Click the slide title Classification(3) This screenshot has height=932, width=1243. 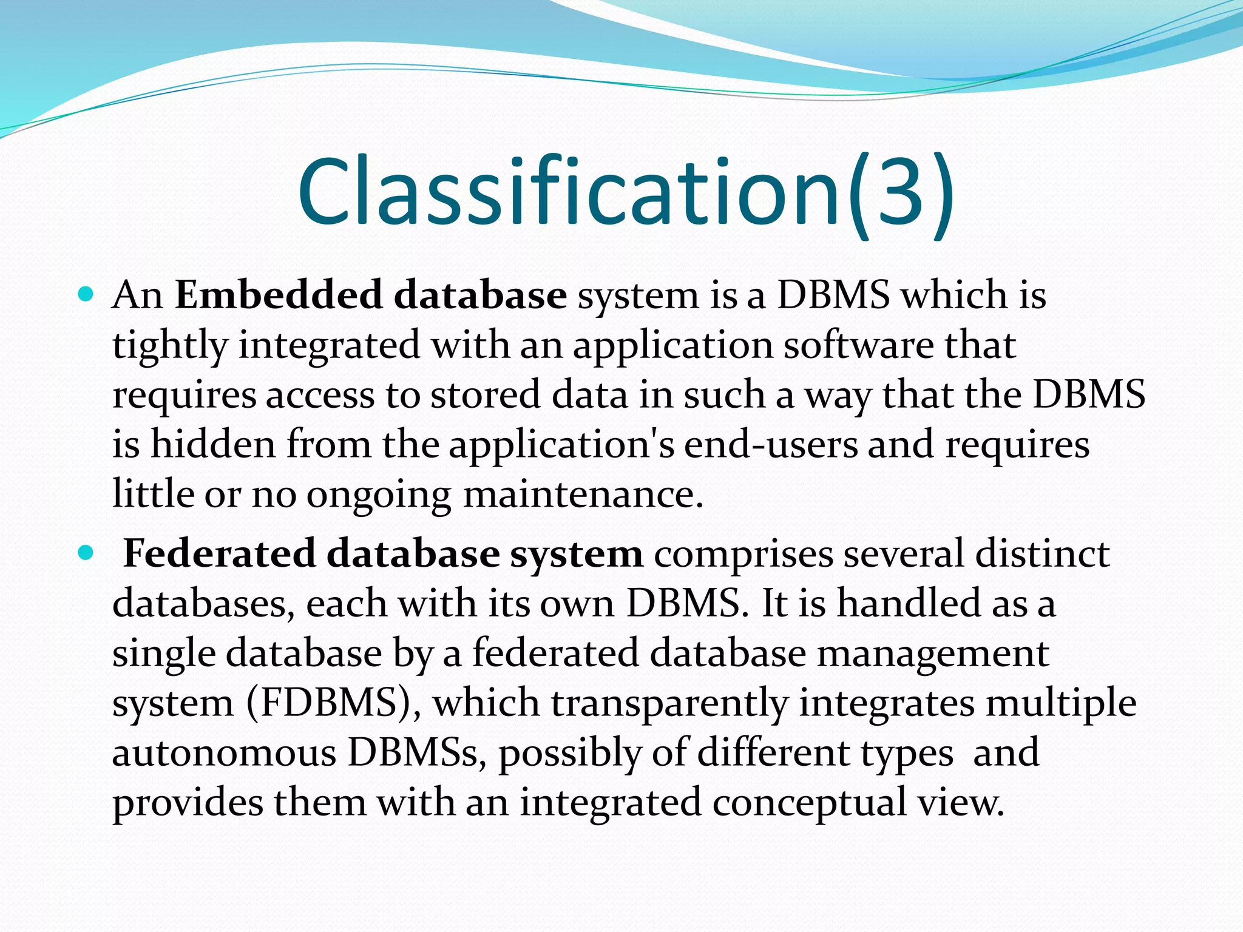[625, 193]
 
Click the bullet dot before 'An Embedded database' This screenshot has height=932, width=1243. [86, 295]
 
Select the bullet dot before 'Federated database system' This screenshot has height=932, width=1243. [86, 553]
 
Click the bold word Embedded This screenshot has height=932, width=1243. [279, 295]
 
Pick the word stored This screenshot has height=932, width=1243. [485, 395]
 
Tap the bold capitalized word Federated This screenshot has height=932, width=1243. [219, 553]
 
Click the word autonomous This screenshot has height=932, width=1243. [224, 753]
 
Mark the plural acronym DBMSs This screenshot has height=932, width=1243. [416, 753]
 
